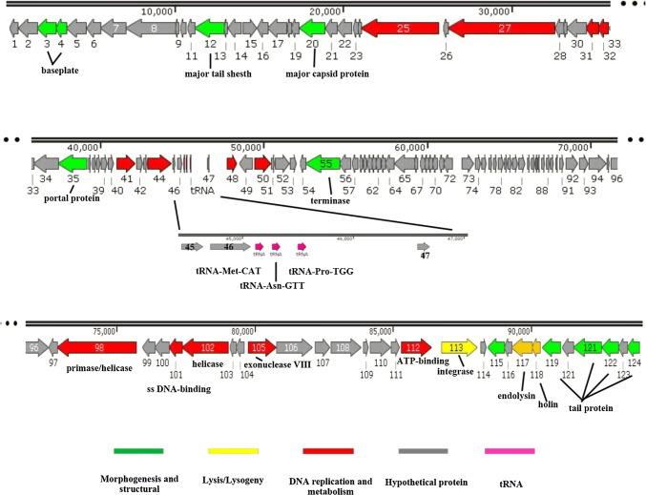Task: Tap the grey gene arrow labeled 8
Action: tap(155, 29)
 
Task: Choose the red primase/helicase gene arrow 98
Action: tap(98, 348)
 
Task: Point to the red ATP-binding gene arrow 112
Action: tap(410, 348)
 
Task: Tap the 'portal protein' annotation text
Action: tap(73, 199)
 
